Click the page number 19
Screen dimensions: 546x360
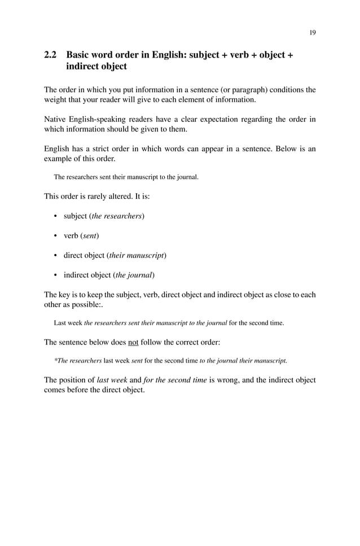(x=312, y=32)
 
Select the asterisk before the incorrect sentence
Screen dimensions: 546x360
(x=55, y=360)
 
